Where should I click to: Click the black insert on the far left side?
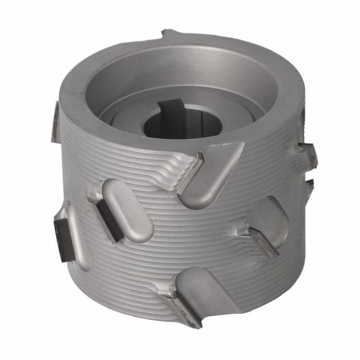click(61, 231)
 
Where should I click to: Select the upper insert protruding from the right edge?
click(309, 154)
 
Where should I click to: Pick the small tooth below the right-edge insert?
click(309, 184)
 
